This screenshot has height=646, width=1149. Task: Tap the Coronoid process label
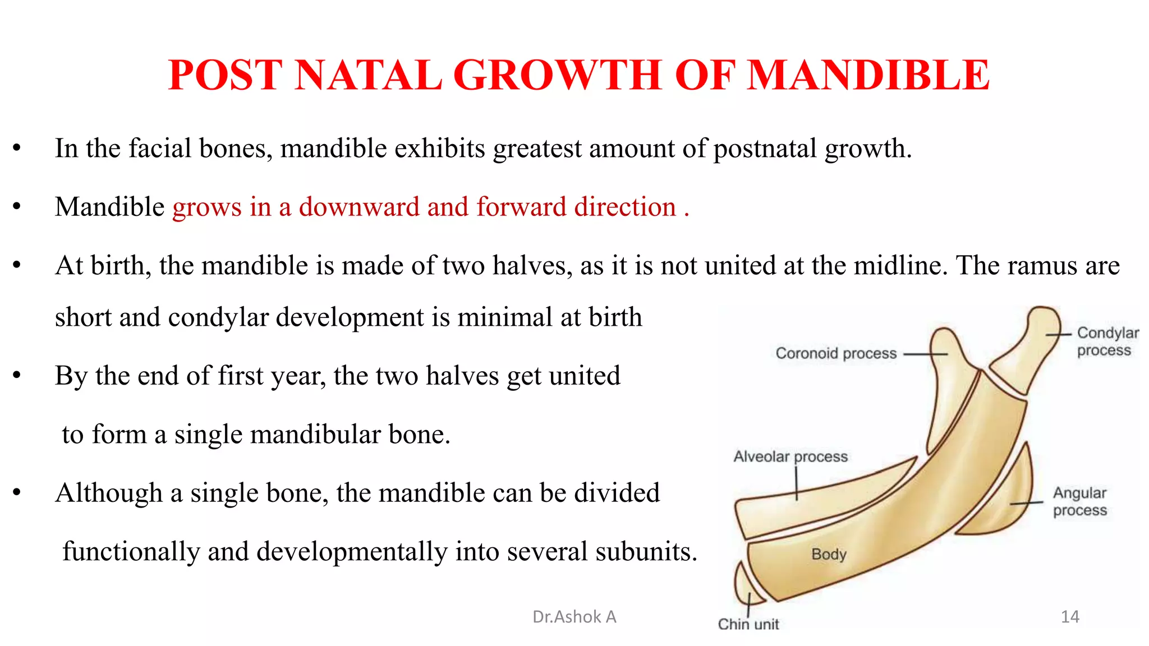coord(836,353)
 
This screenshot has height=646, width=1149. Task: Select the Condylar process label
coord(1107,341)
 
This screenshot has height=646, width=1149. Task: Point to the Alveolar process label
coord(790,456)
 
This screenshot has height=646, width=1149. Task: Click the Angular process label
coord(1079,501)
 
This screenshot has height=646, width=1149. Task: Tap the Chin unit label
coord(748,624)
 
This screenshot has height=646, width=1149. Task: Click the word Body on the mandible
coord(829,554)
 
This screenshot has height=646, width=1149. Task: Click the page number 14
coord(1070,617)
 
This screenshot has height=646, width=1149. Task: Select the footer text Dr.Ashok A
coord(574,617)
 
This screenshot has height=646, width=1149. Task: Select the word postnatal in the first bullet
coord(765,149)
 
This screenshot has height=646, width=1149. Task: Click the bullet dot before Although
coord(17,493)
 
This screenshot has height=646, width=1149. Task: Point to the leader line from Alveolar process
coord(796,483)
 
